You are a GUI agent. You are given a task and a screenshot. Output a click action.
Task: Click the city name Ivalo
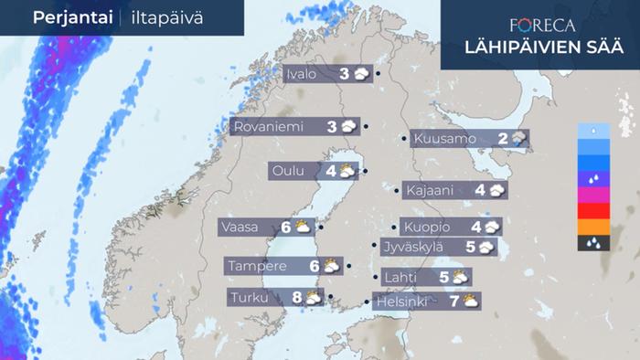302,74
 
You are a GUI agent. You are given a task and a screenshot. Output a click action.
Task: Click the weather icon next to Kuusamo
519,139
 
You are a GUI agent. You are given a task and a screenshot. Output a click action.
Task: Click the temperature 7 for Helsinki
453,301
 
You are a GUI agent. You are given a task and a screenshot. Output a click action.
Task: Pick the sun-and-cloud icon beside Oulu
347,170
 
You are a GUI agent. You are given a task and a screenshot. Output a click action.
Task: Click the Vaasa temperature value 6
285,227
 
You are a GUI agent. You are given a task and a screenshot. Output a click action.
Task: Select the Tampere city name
259,266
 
